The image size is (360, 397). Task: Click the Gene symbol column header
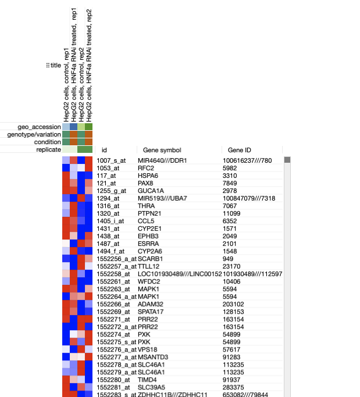tap(162, 150)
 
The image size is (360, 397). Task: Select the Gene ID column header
tap(239, 150)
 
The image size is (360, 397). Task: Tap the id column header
tap(105, 150)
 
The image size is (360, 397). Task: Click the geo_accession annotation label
tap(39, 127)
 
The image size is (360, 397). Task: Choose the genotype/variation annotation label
tap(34, 134)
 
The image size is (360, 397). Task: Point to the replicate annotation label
tap(47, 149)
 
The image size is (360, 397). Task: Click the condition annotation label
tap(48, 142)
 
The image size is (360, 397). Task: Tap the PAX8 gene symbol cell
tap(145, 183)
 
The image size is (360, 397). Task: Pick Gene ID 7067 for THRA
tap(230, 206)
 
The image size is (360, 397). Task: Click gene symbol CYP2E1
tap(149, 228)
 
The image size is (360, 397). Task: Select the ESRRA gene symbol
tap(147, 244)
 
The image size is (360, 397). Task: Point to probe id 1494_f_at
tap(111, 251)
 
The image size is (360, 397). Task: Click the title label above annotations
tap(55, 66)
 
